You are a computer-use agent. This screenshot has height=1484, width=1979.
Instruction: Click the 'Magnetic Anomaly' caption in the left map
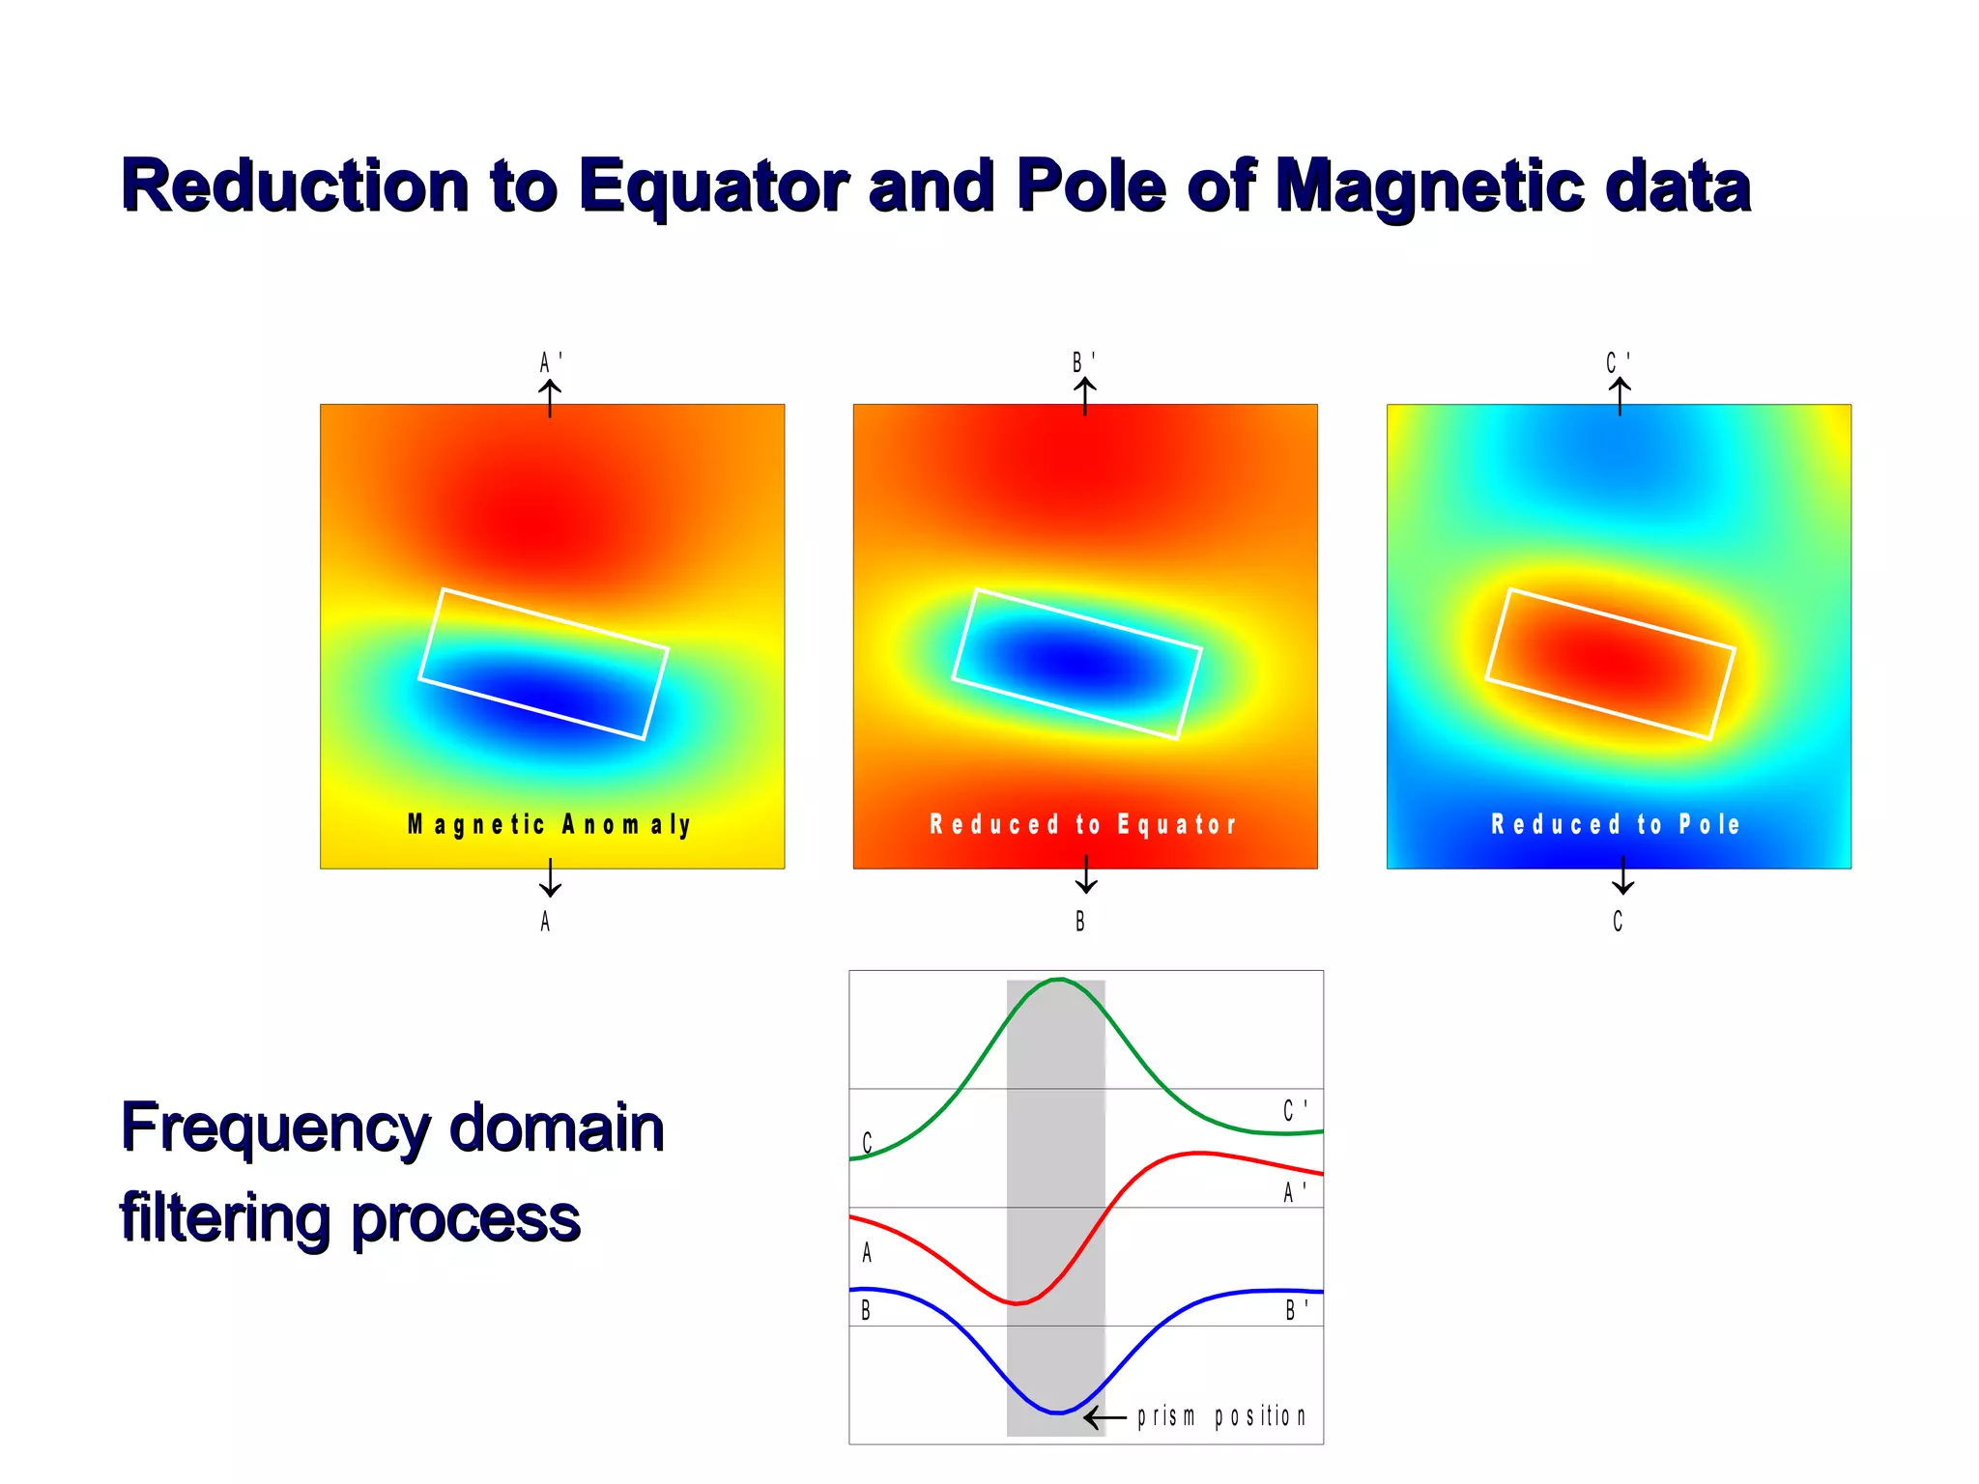(x=550, y=824)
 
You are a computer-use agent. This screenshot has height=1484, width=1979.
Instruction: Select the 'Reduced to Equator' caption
(x=1083, y=824)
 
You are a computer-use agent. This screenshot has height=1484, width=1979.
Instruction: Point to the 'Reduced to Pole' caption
(x=1616, y=824)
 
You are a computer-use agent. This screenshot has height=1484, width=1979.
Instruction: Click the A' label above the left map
(x=550, y=362)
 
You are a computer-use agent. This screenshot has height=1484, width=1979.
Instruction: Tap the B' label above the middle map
(x=1083, y=362)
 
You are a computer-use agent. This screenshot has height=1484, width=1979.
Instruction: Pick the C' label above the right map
(x=1618, y=362)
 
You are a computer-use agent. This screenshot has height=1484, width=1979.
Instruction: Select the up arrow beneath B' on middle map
(x=1085, y=396)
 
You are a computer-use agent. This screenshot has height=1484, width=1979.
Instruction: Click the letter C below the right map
(x=1618, y=922)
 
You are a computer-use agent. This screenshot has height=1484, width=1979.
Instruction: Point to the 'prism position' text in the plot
(x=1221, y=1416)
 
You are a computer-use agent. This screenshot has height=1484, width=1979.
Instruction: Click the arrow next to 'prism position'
(x=1104, y=1418)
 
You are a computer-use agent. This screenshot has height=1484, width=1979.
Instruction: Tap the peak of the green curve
(x=1059, y=980)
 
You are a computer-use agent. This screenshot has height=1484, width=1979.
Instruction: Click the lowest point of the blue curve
(x=1058, y=1413)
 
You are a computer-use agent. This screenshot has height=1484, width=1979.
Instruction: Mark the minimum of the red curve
(x=1018, y=1303)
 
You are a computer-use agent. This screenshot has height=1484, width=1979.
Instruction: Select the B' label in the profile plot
(x=1296, y=1310)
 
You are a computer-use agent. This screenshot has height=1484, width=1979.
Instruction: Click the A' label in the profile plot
(x=1294, y=1192)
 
